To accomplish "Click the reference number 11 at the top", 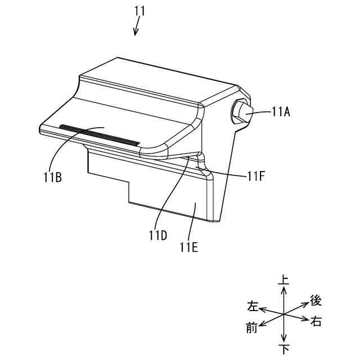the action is (139, 11).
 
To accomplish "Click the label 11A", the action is (281, 112).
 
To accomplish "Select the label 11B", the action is (53, 177).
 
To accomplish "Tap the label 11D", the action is (157, 235).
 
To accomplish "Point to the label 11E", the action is (189, 247).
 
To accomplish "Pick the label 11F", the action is (256, 176).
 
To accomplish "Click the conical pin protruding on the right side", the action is (243, 112).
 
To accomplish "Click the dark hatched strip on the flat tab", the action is (100, 135).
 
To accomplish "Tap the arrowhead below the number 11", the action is (136, 33).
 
